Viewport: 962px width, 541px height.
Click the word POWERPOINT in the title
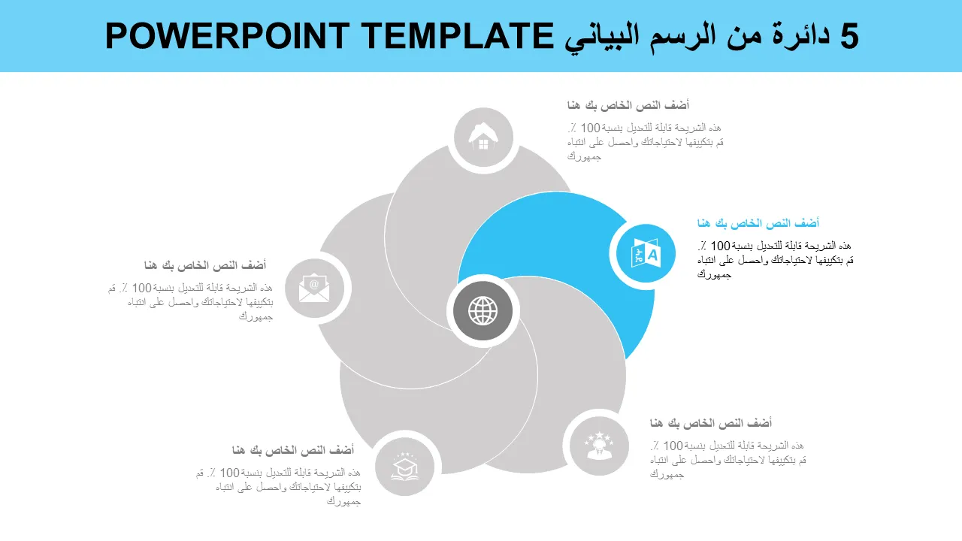[x=227, y=36]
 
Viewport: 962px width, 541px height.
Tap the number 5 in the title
[x=849, y=36]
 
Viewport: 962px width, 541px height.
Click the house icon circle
[x=483, y=138]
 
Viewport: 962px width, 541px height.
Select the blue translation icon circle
[x=646, y=253]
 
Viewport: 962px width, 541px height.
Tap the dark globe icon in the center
[x=483, y=311]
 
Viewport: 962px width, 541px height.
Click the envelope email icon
[x=314, y=288]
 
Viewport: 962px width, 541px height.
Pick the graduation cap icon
[x=404, y=467]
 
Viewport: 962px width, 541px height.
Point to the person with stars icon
[x=599, y=446]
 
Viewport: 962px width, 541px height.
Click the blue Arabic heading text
[x=758, y=223]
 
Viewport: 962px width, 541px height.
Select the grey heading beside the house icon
[x=628, y=105]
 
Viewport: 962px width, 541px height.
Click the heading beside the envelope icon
[x=205, y=265]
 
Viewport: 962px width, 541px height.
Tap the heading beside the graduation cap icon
[x=293, y=450]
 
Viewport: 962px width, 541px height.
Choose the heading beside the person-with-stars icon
[x=711, y=423]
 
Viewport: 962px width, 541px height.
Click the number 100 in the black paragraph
[x=720, y=246]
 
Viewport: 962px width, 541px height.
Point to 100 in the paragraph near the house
[x=590, y=128]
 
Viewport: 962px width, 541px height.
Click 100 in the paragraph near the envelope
[x=142, y=288]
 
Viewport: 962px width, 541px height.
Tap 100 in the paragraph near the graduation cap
[x=229, y=473]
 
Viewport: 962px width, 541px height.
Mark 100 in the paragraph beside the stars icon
[x=673, y=446]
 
